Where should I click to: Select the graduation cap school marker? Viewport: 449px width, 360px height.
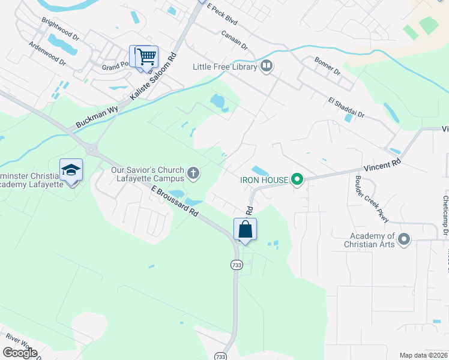click(x=71, y=170)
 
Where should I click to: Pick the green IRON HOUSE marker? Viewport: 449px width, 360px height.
click(x=297, y=179)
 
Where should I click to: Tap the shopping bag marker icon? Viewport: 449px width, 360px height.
click(x=245, y=229)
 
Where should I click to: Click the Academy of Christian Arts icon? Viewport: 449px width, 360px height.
click(x=404, y=240)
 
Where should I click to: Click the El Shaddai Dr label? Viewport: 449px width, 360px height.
click(x=346, y=108)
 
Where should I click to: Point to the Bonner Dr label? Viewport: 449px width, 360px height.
click(x=327, y=66)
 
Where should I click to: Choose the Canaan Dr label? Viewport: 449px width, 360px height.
click(x=234, y=40)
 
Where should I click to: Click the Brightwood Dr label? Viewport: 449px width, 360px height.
click(x=60, y=28)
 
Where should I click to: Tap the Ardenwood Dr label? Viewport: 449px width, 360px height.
click(x=47, y=52)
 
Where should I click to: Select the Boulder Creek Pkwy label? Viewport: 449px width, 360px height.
click(x=367, y=192)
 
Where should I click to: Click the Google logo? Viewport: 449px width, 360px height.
click(x=20, y=353)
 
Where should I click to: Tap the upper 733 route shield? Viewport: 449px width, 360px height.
click(x=237, y=264)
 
